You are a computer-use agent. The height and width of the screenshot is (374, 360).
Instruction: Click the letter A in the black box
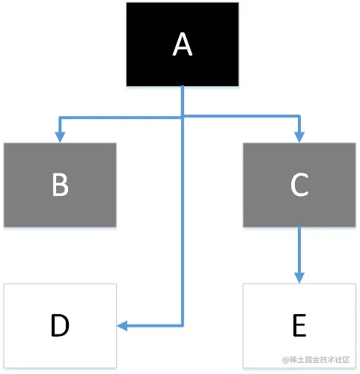(x=183, y=44)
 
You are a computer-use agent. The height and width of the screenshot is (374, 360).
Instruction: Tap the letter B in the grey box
(x=60, y=185)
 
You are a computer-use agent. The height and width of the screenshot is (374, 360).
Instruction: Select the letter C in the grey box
(x=299, y=185)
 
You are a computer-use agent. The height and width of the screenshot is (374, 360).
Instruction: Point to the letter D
(x=60, y=325)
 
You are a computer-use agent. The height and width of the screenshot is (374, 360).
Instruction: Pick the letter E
(x=299, y=325)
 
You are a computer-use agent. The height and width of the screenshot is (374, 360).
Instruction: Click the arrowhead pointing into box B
(x=60, y=137)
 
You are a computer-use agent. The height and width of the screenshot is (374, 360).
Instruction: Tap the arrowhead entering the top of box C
(x=299, y=137)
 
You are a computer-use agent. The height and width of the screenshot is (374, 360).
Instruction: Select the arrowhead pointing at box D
(x=122, y=325)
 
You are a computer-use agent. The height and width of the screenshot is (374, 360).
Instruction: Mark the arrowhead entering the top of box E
(x=299, y=278)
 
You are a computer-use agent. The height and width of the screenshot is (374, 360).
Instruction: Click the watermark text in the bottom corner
(x=316, y=360)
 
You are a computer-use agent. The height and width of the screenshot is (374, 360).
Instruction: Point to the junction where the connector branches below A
(x=183, y=117)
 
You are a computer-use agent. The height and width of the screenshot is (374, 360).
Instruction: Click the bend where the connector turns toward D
(x=183, y=325)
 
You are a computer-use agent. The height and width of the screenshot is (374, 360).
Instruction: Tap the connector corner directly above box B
(x=60, y=117)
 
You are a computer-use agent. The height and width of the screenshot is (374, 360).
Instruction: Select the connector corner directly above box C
(x=299, y=116)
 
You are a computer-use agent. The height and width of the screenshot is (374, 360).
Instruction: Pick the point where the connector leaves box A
(x=183, y=87)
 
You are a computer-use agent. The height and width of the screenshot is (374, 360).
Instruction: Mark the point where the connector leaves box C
(x=299, y=227)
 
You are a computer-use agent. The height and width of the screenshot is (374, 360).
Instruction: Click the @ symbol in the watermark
(x=286, y=360)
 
